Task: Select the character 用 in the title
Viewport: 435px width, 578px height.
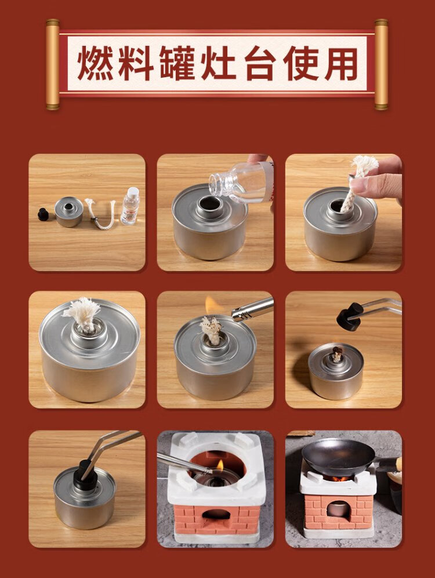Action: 341,63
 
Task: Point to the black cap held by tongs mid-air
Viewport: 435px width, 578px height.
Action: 350,316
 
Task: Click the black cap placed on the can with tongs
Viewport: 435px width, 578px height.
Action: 84,475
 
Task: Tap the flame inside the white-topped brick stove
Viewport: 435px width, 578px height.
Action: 220,465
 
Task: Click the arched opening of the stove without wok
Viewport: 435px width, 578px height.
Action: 216,514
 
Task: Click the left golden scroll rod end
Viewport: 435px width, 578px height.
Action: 53,64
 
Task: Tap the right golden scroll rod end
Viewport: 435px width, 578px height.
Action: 381,64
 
